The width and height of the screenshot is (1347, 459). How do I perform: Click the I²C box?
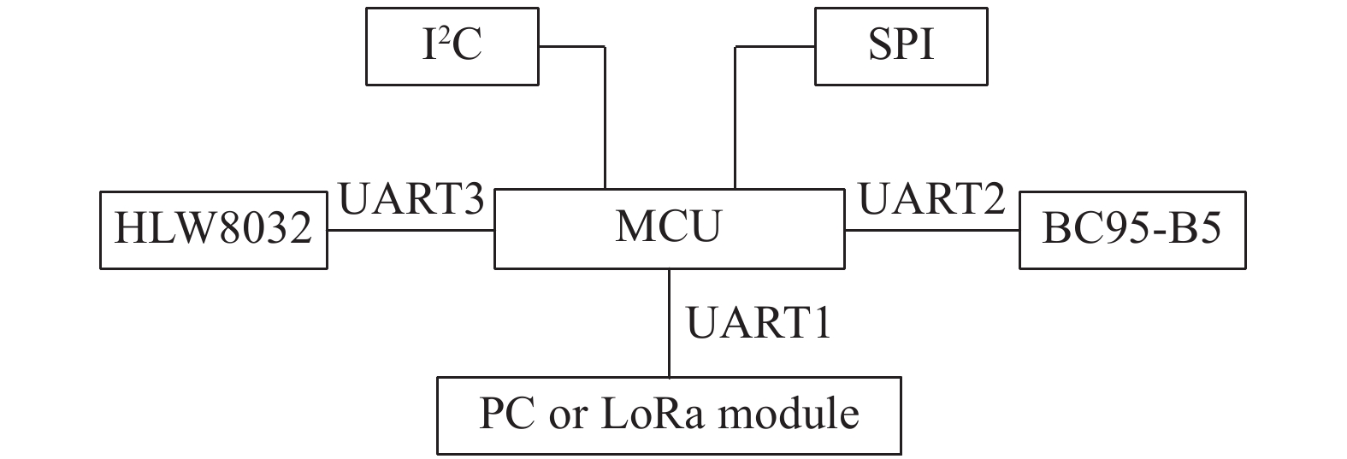452,46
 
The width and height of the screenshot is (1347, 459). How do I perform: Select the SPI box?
901,46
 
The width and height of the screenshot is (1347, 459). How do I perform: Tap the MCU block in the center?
669,228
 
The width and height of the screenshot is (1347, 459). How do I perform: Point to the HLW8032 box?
213,230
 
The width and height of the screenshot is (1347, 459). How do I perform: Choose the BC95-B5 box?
1131,230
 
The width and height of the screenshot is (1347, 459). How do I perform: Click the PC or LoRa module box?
669,415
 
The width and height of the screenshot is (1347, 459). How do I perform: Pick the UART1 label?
759,324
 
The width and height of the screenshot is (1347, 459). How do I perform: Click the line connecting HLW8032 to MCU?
411,230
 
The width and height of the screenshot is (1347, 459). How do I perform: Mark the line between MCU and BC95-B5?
932,230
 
